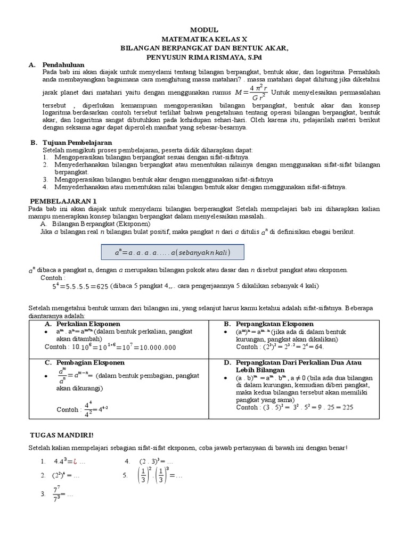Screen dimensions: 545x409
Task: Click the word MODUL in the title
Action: tap(204, 30)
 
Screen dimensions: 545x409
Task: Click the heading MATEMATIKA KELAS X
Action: tap(204, 39)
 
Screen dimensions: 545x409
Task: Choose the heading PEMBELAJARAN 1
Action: tap(62, 201)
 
